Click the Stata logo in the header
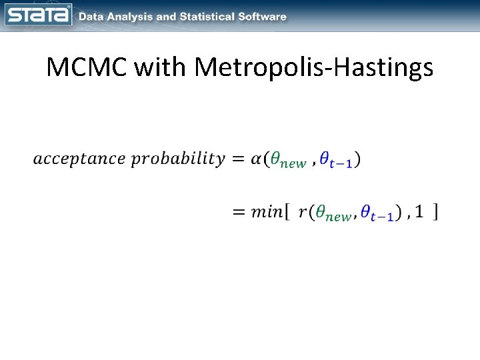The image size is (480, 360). click(x=38, y=15)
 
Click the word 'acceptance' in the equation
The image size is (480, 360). click(x=79, y=159)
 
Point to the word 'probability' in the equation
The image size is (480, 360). click(x=177, y=160)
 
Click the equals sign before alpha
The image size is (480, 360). click(x=237, y=159)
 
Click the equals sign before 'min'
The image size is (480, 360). click(x=237, y=213)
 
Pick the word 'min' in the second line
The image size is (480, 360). click(x=266, y=213)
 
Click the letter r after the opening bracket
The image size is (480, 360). click(x=303, y=213)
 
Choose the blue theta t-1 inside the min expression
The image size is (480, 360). click(x=378, y=214)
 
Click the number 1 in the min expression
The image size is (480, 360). click(x=418, y=212)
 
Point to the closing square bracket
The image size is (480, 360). click(x=435, y=212)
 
